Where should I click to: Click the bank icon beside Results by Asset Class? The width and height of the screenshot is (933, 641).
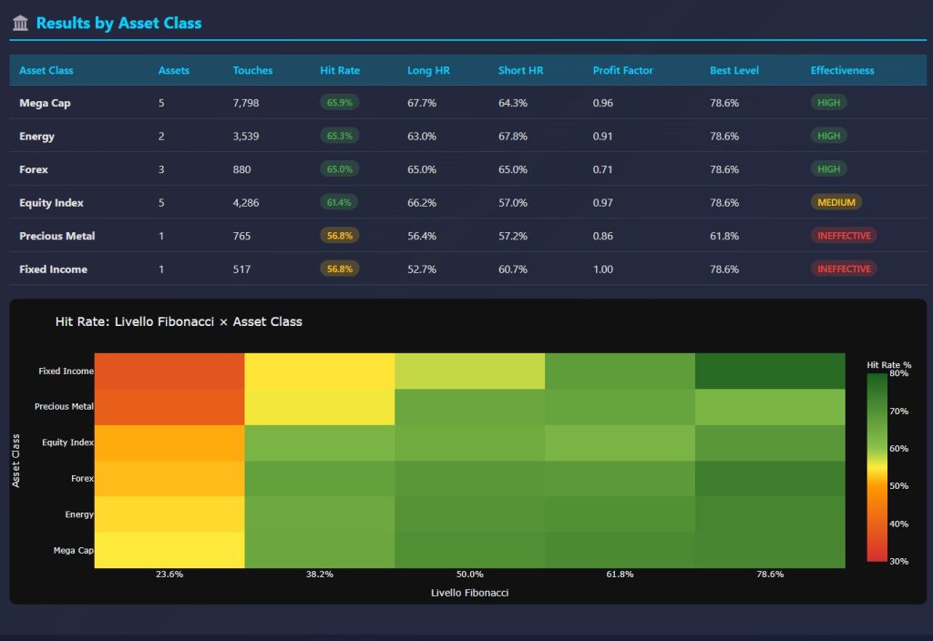pyautogui.click(x=20, y=24)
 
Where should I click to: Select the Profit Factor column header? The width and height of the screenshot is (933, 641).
pyautogui.click(x=622, y=70)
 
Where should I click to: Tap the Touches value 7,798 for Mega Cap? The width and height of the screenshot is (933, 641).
pyautogui.click(x=246, y=103)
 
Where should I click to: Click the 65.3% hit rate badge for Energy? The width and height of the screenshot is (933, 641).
pyautogui.click(x=339, y=136)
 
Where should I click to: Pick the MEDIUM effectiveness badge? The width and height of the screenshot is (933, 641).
pyautogui.click(x=836, y=202)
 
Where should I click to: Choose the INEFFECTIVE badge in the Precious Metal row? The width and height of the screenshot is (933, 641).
pyautogui.click(x=843, y=235)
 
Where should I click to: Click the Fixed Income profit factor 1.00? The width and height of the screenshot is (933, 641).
pyautogui.click(x=602, y=269)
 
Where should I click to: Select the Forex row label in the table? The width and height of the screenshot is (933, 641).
pyautogui.click(x=34, y=169)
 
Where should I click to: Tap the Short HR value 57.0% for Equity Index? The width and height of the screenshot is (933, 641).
pyautogui.click(x=512, y=202)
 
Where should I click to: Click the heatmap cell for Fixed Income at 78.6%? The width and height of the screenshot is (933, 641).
pyautogui.click(x=770, y=371)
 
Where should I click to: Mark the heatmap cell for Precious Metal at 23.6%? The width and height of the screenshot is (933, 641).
pyautogui.click(x=169, y=406)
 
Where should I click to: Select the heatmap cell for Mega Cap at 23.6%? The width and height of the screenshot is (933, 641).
pyautogui.click(x=169, y=550)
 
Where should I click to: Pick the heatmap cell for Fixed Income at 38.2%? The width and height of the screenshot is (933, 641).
pyautogui.click(x=320, y=371)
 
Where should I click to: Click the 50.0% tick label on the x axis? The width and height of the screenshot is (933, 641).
pyautogui.click(x=469, y=575)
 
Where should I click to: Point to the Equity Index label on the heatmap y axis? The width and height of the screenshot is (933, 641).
pyautogui.click(x=67, y=443)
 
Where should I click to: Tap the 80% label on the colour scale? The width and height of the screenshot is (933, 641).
pyautogui.click(x=899, y=373)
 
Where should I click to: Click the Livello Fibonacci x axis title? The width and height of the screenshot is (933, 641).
pyautogui.click(x=469, y=593)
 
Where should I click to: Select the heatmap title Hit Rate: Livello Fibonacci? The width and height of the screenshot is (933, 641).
pyautogui.click(x=179, y=321)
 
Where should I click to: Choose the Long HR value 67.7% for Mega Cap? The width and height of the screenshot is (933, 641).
pyautogui.click(x=421, y=103)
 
